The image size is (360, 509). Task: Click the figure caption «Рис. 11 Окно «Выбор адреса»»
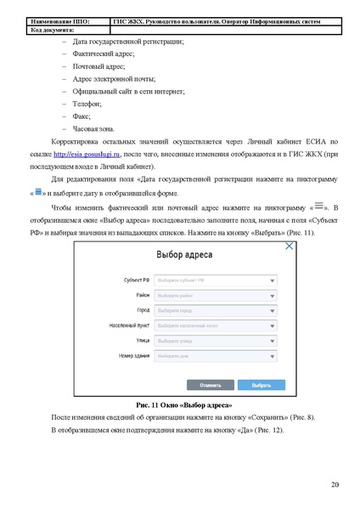178,404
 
